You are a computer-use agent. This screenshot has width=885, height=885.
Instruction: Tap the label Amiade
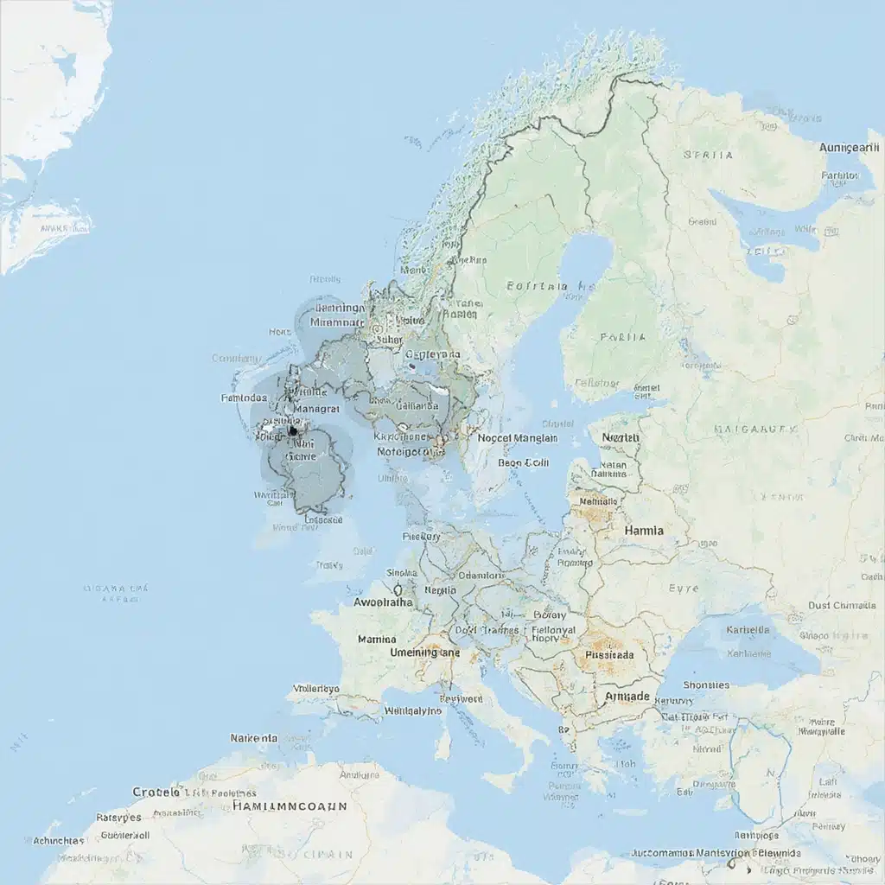[627, 696]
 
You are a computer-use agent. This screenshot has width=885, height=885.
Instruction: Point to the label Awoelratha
[384, 602]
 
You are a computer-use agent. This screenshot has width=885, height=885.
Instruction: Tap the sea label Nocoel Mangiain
[518, 438]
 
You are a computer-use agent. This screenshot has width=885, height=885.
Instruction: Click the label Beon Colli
[523, 462]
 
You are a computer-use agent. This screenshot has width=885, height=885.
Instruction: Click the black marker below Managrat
[292, 430]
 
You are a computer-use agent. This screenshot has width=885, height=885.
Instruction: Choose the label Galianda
[418, 404]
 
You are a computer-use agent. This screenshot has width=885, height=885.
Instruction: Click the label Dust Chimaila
[842, 605]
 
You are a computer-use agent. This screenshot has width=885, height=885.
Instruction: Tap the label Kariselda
[749, 630]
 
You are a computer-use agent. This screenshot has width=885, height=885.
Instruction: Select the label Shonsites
[706, 684]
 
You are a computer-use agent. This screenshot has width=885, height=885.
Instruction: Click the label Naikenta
[254, 738]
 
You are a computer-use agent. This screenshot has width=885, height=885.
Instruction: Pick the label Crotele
[156, 792]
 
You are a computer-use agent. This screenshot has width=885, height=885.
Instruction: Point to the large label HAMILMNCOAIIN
[290, 805]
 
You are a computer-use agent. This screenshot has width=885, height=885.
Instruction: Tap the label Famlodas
[244, 398]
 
